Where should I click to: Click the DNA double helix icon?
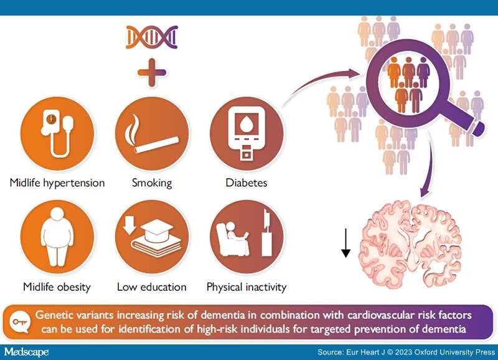pos(152,37)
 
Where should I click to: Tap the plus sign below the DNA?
pos(152,72)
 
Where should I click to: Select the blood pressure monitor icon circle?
pos(57,134)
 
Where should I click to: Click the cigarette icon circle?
pos(152,134)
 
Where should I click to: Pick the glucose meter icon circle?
pos(247,134)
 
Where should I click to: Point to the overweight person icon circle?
pos(57,237)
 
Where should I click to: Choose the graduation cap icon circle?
pos(152,237)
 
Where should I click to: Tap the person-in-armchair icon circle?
pos(247,237)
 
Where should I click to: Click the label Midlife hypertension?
pos(57,183)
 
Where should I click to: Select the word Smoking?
pos(152,183)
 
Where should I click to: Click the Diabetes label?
pos(247,182)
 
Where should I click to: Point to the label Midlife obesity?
pos(57,287)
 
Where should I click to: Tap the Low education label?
pos(152,287)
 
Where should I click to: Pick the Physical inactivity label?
pos(247,287)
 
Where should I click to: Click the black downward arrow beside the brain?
pos(345,242)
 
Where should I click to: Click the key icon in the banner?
pos(20,321)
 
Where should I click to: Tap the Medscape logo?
pos(26,352)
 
